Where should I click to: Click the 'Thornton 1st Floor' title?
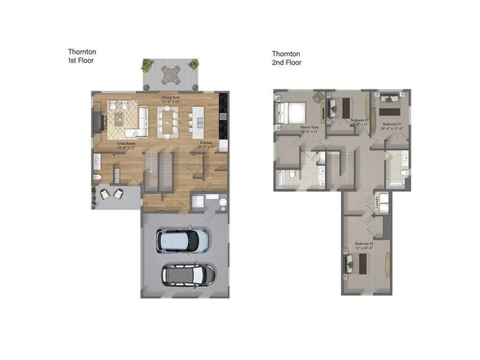click(x=82, y=56)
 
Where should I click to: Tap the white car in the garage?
click(x=182, y=240)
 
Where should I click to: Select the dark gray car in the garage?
click(x=188, y=274)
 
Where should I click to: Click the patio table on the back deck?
click(x=171, y=73)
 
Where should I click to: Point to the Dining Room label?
click(x=172, y=99)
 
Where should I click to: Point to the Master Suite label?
click(x=309, y=129)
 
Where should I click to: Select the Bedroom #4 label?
click(x=364, y=246)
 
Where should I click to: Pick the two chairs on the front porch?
click(x=112, y=194)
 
